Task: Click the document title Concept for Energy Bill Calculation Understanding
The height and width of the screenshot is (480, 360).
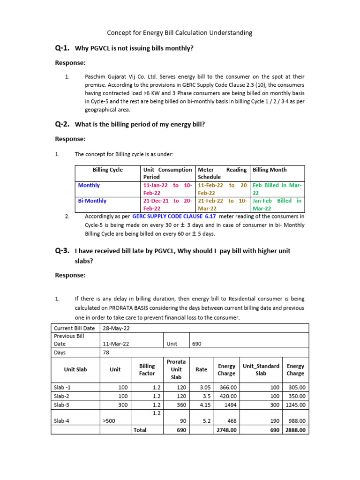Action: [180, 33]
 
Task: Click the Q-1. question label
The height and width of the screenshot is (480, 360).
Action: [62, 48]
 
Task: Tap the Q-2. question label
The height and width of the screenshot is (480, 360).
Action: [62, 124]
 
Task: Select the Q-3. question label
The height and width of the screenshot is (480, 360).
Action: [62, 251]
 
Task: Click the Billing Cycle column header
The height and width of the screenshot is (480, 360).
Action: [107, 170]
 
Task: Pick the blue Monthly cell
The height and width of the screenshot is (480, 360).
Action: [89, 185]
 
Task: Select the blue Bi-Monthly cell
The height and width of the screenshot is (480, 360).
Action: [92, 201]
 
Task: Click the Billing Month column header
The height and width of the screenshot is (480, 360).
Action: [270, 170]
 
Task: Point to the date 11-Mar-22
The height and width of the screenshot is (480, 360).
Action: [116, 344]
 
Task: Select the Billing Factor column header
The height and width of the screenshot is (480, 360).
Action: [147, 369]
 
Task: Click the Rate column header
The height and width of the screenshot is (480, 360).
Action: [201, 369]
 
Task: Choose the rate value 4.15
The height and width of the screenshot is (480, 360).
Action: [205, 405]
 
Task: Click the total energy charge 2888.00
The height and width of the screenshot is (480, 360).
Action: [296, 430]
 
